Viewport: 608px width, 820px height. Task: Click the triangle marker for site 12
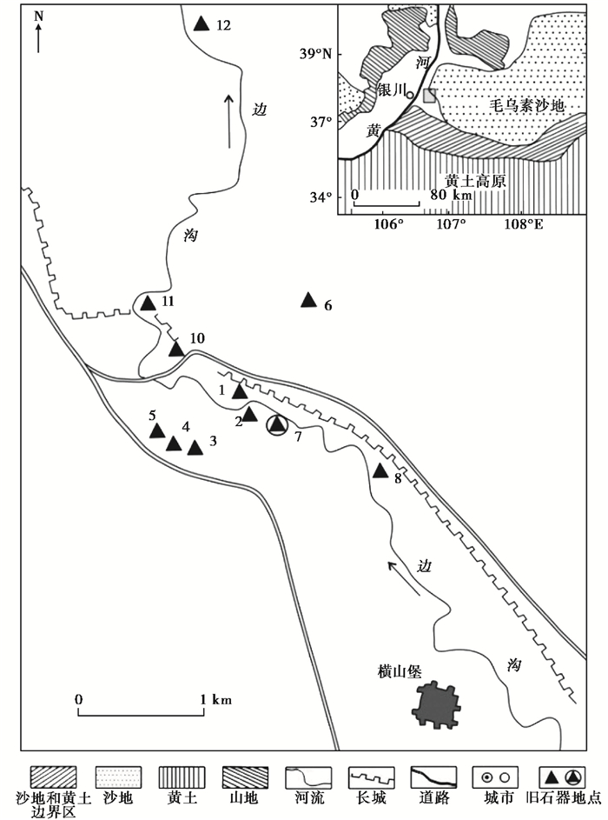[202, 24]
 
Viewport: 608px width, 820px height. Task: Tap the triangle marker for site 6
[307, 300]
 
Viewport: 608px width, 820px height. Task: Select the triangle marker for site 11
[148, 303]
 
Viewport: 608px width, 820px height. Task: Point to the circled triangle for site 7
[276, 425]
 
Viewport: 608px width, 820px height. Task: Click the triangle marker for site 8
[380, 471]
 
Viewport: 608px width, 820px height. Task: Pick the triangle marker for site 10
[176, 350]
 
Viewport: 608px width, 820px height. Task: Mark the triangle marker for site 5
[157, 430]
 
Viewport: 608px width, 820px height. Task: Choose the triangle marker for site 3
[195, 448]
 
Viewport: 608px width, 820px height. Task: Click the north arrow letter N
[37, 15]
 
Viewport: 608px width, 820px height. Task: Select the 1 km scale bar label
[217, 699]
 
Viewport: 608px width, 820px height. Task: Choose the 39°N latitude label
[315, 54]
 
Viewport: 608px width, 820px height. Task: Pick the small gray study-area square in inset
[429, 95]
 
